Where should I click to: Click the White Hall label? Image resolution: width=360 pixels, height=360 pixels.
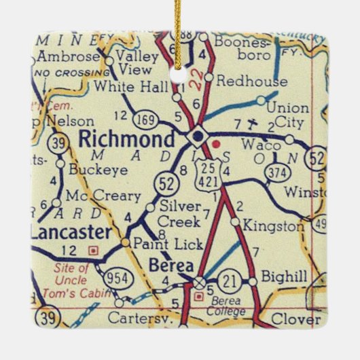[x=124, y=86]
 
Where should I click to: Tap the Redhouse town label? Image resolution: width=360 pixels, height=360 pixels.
[x=251, y=82]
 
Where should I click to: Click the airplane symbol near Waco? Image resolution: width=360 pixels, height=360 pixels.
[x=253, y=124]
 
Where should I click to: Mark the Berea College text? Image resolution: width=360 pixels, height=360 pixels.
[x=227, y=306]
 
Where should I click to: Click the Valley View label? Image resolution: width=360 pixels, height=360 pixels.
[x=137, y=62]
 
